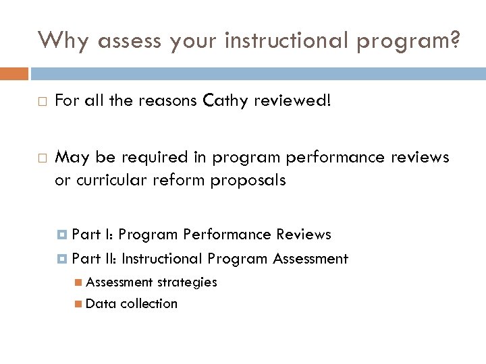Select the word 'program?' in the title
pos(408,42)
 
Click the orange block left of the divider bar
pos(14,73)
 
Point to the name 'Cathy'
pos(223,101)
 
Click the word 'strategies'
pos(187,282)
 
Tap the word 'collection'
pos(149,304)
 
